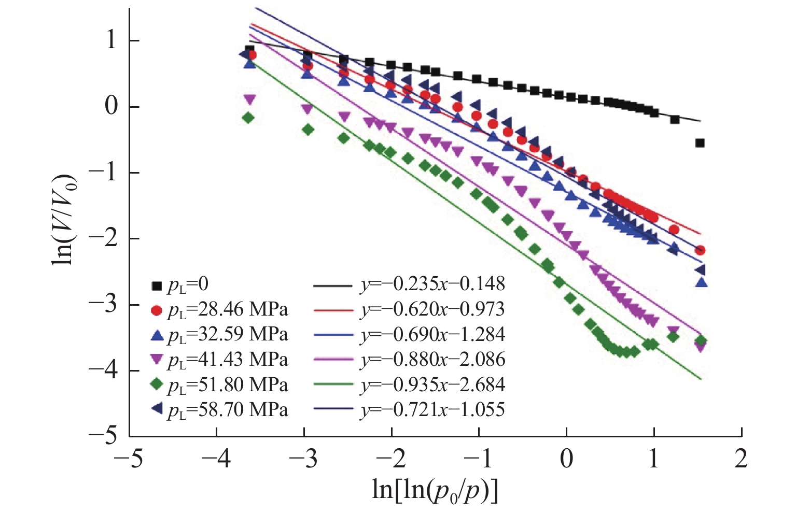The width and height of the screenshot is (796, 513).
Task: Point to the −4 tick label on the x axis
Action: point(217,459)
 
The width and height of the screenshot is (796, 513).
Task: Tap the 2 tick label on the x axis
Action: point(741,459)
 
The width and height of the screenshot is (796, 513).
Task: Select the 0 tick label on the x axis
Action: point(566,459)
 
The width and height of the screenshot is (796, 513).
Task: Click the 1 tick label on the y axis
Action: point(110,40)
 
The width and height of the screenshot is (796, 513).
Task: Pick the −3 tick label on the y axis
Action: point(103,305)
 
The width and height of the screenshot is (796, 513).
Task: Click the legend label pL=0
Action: point(188,284)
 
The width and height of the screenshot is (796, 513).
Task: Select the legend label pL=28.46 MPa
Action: point(228,310)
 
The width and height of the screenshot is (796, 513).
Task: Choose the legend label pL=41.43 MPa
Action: point(228,360)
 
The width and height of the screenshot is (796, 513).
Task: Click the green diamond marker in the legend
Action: point(157,384)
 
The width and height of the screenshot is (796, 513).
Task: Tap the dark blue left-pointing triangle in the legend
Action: point(157,409)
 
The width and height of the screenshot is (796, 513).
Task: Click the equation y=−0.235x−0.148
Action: point(432,284)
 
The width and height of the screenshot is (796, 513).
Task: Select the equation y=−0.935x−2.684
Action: point(432,384)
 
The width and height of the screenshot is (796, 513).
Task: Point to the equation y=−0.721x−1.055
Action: point(432,409)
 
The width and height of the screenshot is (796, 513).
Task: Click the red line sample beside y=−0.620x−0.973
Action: point(333,310)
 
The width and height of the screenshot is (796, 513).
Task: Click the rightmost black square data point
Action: point(700,142)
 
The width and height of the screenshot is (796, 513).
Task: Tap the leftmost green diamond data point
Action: point(248,118)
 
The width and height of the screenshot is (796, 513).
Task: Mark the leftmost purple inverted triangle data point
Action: point(250,98)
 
